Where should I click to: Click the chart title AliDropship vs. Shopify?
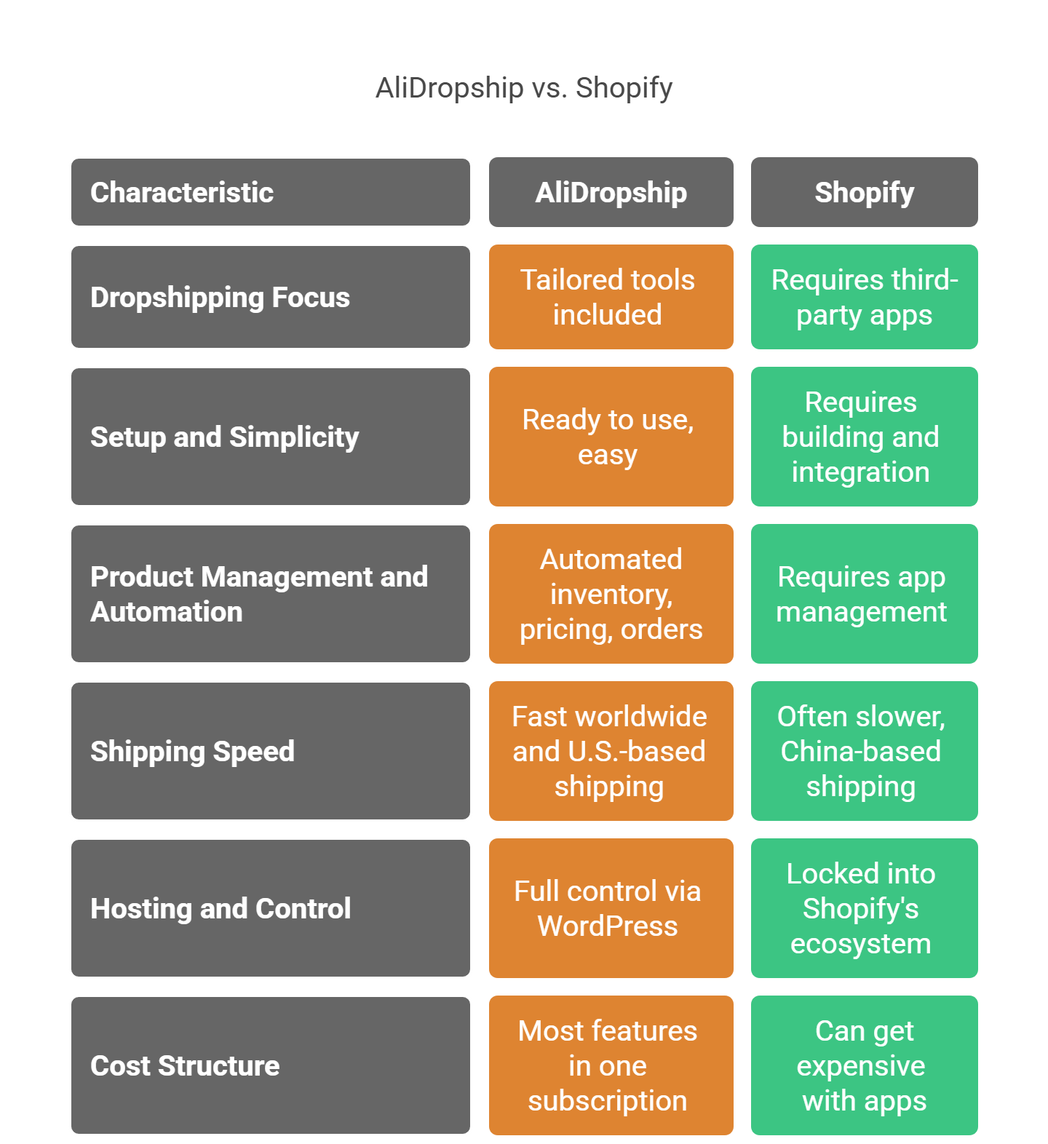[x=523, y=88]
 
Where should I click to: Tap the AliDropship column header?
[x=611, y=192]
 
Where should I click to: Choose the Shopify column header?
[x=864, y=192]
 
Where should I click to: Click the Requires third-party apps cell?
[x=864, y=297]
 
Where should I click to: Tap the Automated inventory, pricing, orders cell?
[x=611, y=594]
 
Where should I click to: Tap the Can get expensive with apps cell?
[x=864, y=1065]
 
